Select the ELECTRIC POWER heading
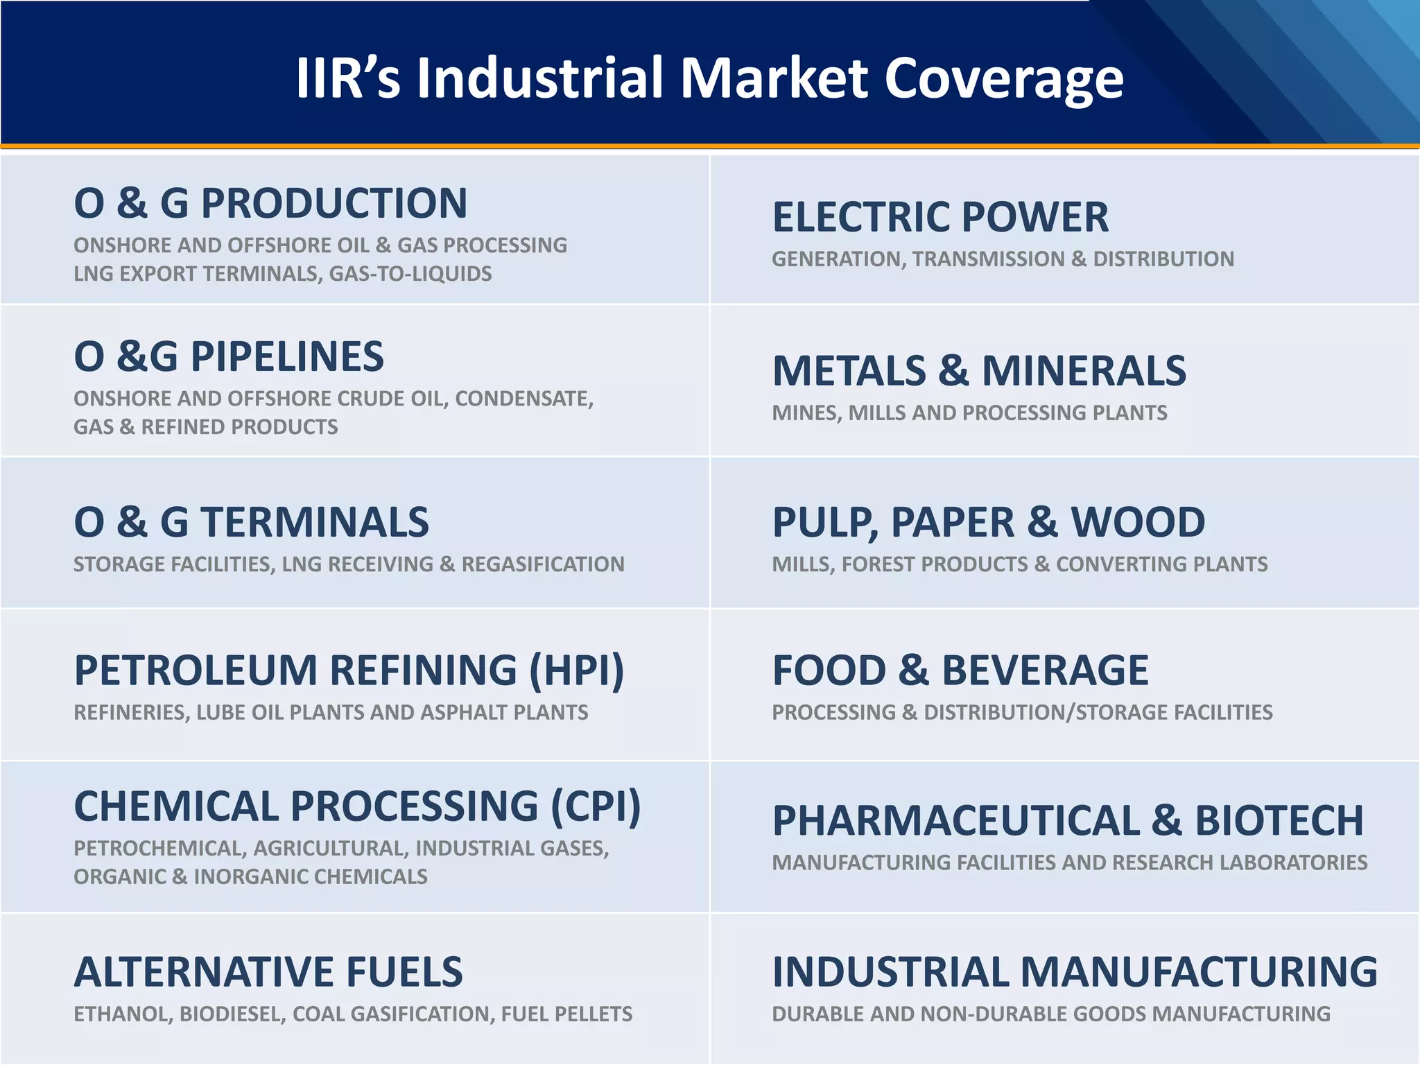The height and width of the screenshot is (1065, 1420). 940,217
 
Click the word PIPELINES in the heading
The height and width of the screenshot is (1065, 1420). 287,356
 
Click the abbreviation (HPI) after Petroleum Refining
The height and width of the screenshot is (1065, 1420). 577,670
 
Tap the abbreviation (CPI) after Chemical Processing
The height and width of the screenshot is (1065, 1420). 596,806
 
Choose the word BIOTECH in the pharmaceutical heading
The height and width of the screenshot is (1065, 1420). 1279,821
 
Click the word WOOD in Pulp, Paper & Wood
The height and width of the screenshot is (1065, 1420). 1138,522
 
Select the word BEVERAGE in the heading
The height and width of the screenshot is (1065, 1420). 1045,670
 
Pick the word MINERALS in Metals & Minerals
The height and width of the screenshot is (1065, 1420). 1084,371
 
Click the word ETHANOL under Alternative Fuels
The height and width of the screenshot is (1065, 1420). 123,1014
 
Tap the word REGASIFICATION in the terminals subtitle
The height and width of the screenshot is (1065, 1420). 543,564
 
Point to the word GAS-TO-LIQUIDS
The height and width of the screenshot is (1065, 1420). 410,274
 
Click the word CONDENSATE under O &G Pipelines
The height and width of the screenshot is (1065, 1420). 523,399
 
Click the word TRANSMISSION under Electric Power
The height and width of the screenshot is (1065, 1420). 988,259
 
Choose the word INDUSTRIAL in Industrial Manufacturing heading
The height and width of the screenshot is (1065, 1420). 890,972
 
